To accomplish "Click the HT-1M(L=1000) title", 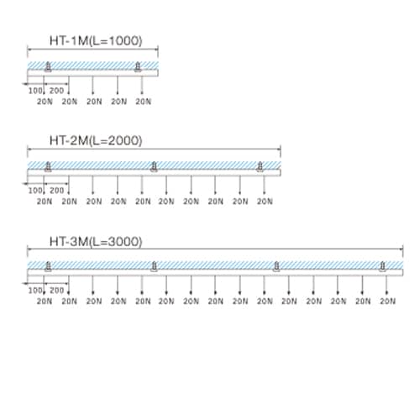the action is pos(96,40).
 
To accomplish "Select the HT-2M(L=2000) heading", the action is pos(96,140).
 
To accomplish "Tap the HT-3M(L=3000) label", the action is pos(96,241).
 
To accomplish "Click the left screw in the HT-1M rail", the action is pos(48,66).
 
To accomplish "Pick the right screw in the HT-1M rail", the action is pos(138,66).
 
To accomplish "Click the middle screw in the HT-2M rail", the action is pos(154,166).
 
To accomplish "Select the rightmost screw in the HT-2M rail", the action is pos(260,166).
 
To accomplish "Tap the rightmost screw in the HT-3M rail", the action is pos(382,266).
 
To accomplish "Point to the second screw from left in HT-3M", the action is pos(154,266).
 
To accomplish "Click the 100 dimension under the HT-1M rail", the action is pos(35,91).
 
